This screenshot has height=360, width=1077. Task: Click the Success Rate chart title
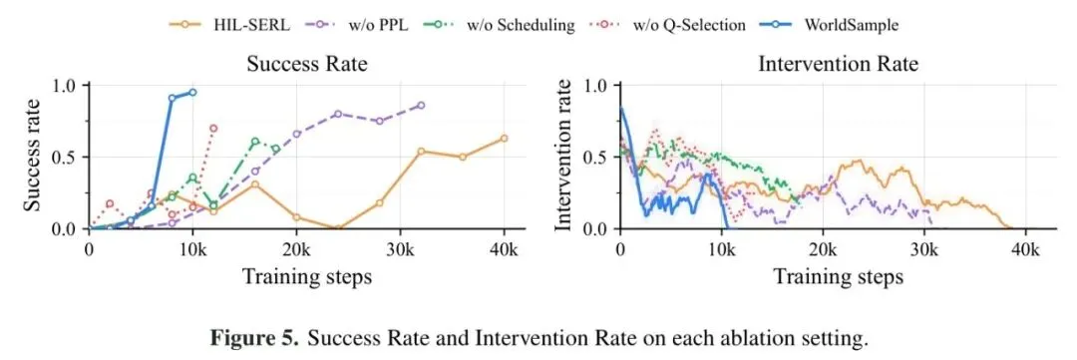(307, 65)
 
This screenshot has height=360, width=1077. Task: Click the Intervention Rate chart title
(838, 65)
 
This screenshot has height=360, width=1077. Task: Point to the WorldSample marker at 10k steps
(192, 92)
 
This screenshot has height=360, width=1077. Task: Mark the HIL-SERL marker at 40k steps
(504, 138)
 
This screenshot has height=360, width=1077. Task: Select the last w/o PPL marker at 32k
(421, 105)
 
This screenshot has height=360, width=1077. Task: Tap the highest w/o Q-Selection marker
(213, 128)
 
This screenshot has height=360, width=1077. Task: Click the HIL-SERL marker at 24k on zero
(338, 228)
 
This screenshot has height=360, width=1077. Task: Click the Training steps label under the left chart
(307, 277)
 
